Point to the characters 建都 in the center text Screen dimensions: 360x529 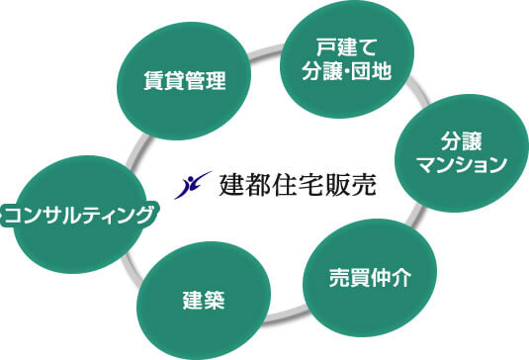coord(248,185)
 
